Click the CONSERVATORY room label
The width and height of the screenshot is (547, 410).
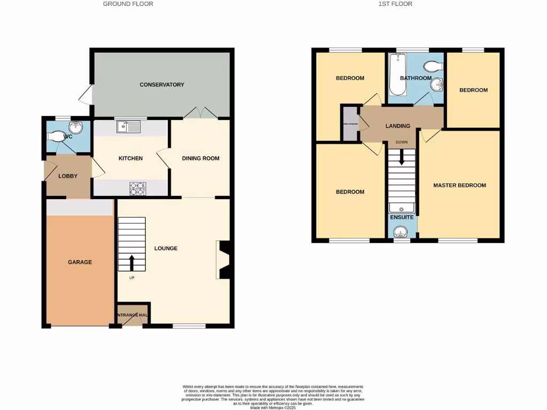click(162, 85)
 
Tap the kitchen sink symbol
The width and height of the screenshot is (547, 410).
click(128, 127)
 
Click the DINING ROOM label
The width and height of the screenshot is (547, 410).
click(200, 159)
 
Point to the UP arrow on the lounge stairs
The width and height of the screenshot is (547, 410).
click(131, 262)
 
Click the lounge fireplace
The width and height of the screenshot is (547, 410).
click(224, 260)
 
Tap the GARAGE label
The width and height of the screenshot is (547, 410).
click(80, 262)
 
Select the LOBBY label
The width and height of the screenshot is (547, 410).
click(68, 176)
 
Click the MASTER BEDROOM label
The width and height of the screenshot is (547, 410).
click(459, 186)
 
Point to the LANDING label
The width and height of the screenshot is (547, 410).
click(398, 126)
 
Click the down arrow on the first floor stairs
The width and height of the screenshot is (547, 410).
click(401, 156)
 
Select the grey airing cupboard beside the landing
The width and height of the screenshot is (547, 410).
click(350, 124)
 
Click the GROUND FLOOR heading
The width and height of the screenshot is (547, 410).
click(128, 4)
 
